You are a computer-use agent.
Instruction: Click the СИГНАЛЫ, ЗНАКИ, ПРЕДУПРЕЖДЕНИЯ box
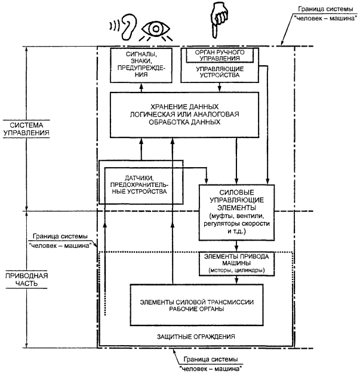(x=141, y=65)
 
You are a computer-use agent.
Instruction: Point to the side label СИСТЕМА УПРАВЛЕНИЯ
(x=26, y=128)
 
